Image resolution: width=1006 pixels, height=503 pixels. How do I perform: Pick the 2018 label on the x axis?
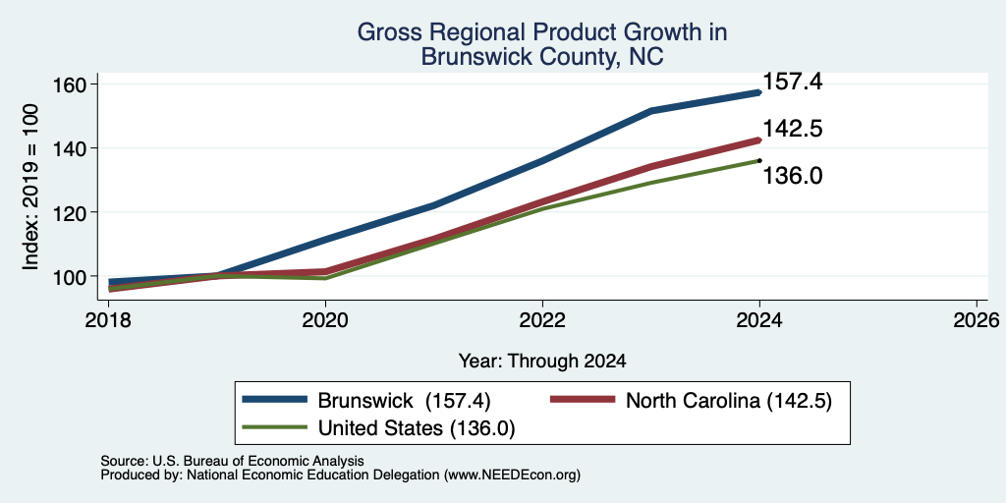tap(109, 319)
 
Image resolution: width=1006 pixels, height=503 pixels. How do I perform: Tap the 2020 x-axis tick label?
tap(326, 319)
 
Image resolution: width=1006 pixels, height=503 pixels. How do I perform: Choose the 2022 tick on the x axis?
tap(542, 319)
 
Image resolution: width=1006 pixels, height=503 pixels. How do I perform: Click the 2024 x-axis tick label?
tap(759, 319)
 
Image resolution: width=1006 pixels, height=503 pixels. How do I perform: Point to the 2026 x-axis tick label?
tap(977, 319)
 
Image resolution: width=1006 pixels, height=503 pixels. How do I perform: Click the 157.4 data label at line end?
tap(793, 82)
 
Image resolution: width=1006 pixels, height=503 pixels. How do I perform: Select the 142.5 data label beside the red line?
tap(793, 129)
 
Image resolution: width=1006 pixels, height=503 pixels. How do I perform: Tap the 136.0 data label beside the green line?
tap(793, 176)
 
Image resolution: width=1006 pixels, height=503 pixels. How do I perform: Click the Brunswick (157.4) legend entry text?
tap(404, 401)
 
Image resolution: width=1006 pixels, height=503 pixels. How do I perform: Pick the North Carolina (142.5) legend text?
tap(728, 401)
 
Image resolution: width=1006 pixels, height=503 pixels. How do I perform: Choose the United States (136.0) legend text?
tap(417, 428)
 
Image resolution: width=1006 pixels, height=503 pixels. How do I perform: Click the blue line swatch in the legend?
tap(275, 400)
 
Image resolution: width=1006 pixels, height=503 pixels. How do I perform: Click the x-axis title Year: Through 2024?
tap(542, 362)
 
